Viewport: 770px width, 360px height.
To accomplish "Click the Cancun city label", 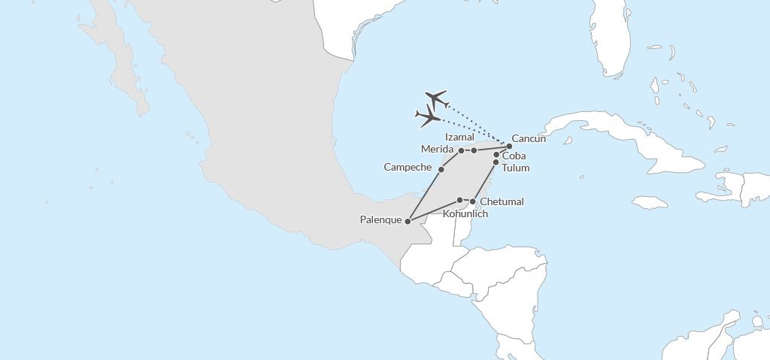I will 529,139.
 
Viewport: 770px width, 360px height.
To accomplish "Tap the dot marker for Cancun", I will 509,147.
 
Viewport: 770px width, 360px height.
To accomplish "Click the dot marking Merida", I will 461,151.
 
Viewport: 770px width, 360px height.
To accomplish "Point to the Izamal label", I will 459,137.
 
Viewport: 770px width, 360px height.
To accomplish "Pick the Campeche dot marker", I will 441,169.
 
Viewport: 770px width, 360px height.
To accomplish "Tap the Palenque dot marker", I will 408,221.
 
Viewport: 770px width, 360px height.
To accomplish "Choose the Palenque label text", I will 381,221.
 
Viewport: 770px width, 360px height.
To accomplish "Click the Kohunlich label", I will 465,214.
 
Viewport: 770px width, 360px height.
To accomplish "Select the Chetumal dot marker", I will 473,201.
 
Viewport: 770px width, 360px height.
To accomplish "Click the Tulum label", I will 516,168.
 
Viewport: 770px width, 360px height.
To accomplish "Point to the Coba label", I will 514,156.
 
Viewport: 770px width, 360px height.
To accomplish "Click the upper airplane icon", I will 436,98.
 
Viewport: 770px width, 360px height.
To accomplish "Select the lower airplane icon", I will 428,116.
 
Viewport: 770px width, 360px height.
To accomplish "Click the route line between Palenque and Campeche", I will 424,195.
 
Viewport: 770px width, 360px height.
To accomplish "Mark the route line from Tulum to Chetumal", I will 485,181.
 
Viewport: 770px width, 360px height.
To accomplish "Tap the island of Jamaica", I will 650,202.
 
